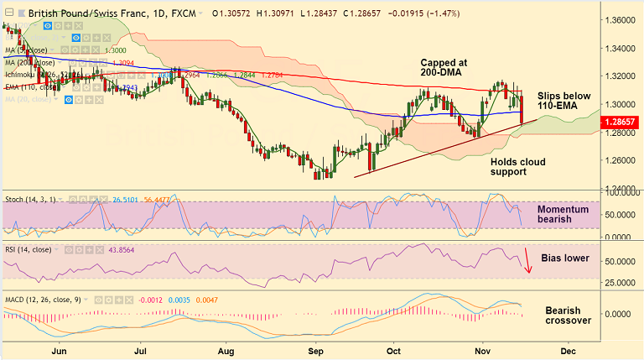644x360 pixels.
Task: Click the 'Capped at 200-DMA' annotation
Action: coord(445,68)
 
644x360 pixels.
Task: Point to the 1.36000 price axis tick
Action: coord(622,19)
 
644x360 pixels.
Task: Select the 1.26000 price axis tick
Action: coord(622,159)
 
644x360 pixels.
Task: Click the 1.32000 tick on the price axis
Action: coord(622,76)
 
